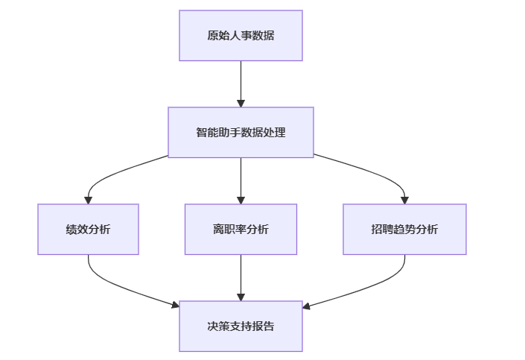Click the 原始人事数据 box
click(x=241, y=36)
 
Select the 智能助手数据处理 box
click(x=241, y=133)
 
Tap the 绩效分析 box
click(x=88, y=230)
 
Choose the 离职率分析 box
click(x=241, y=230)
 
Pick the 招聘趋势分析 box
click(x=404, y=230)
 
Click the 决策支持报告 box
click(x=241, y=326)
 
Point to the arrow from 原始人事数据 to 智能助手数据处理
click(x=241, y=83)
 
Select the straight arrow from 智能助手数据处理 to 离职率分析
click(x=241, y=181)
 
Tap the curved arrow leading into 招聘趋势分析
click(x=375, y=174)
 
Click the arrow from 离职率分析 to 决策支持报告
click(x=241, y=278)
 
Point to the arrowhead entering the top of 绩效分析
click(x=88, y=200)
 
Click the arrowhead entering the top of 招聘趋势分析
click(x=404, y=200)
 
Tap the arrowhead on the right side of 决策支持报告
click(x=306, y=306)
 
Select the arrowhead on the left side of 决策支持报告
click(x=176, y=305)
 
